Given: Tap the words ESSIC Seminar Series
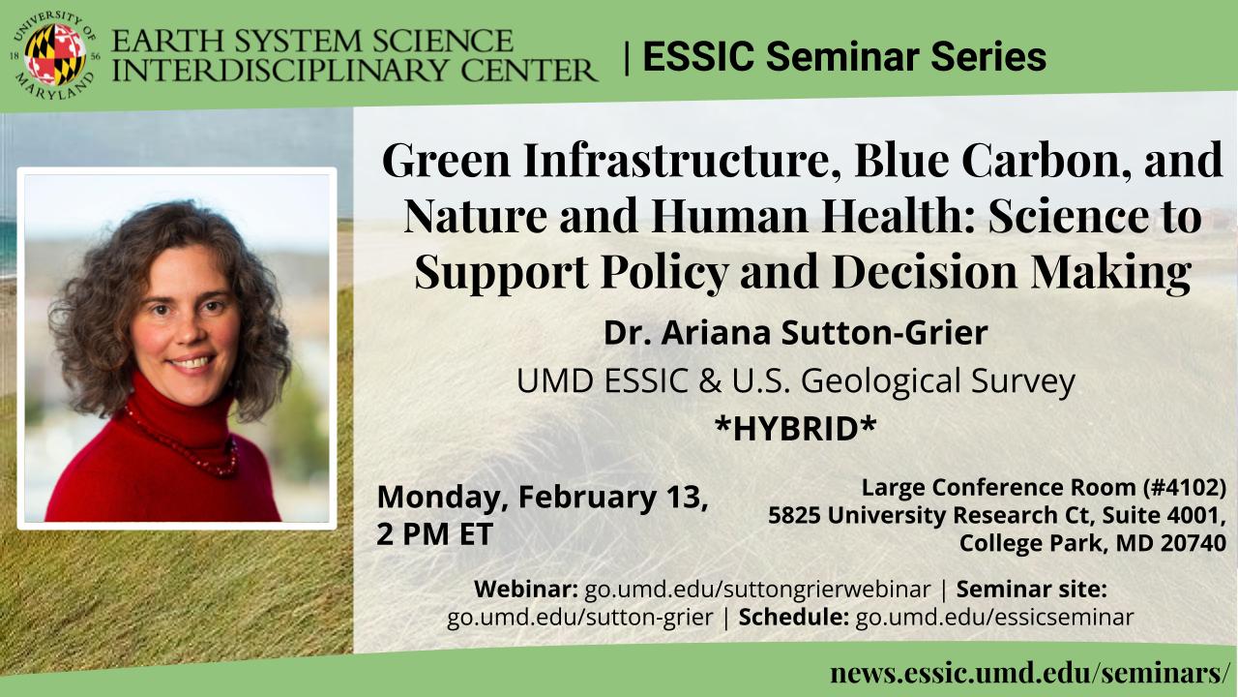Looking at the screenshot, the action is (x=844, y=56).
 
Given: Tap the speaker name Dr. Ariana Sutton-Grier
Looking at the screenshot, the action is (x=796, y=332).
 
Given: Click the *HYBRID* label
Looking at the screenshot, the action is (x=796, y=428).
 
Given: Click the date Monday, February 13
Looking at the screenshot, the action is (x=543, y=497).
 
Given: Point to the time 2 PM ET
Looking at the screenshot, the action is (x=434, y=533).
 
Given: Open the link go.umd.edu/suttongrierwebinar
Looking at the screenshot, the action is (x=757, y=590).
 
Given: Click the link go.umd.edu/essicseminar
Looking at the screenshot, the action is (x=994, y=617).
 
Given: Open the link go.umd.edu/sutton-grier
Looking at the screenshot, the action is (x=580, y=618).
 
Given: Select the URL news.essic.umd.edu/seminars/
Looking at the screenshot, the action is (x=1030, y=673).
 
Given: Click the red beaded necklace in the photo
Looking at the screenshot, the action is (x=185, y=442).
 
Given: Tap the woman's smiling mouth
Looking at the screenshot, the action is (x=192, y=362).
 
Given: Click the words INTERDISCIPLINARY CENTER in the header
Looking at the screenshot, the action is (x=354, y=71).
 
